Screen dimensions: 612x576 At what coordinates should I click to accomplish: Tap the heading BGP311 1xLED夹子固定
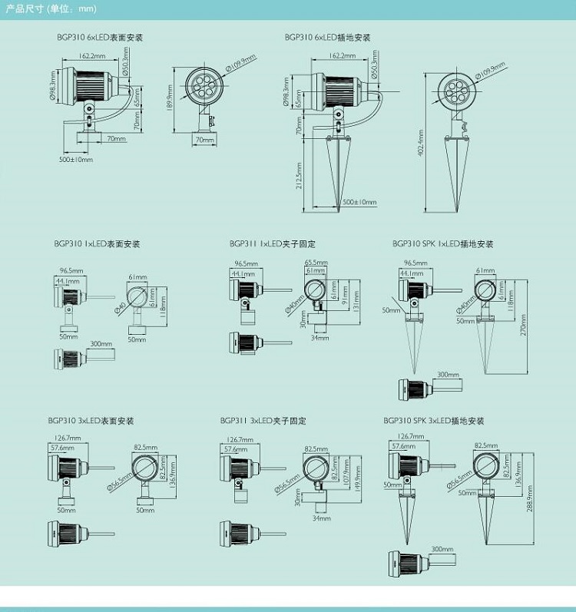[272, 244]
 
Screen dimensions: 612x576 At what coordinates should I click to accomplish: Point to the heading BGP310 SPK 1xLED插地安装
[442, 244]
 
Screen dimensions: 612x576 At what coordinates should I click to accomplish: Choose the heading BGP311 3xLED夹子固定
[263, 421]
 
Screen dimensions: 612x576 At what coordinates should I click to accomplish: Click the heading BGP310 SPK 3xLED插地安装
[434, 421]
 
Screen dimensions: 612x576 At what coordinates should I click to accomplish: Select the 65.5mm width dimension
[316, 263]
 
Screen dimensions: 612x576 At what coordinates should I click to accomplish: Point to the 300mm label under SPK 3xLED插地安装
[442, 550]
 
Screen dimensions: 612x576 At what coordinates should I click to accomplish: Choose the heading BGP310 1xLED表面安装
[97, 244]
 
